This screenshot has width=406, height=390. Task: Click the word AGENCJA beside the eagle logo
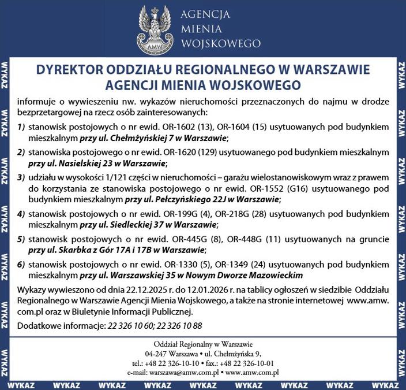(205, 14)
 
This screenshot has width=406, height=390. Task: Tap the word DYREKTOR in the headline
(68, 69)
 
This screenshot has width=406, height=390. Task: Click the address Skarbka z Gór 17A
(93, 250)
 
